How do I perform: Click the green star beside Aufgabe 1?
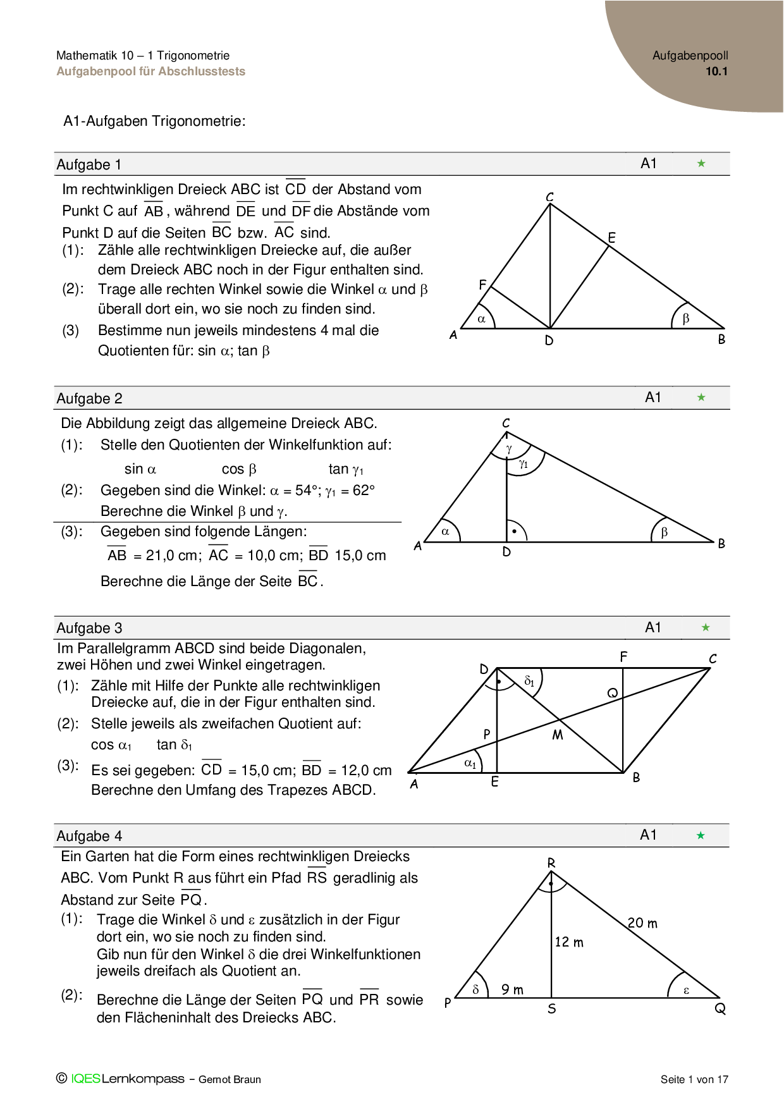[701, 164]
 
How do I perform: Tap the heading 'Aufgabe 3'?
[89, 628]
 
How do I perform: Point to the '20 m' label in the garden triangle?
[642, 923]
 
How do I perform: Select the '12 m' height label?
[569, 942]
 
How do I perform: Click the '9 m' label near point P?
[512, 990]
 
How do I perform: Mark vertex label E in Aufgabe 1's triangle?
[611, 238]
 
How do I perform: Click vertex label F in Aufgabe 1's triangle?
[482, 285]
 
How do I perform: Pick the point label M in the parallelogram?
[557, 735]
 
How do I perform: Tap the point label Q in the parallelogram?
[612, 693]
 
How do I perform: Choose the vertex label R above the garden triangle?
[551, 863]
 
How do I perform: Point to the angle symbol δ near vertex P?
[475, 990]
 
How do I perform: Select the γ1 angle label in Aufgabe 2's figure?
[524, 464]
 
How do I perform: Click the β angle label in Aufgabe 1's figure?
[686, 319]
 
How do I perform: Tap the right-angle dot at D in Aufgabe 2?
[515, 531]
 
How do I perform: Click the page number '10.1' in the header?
[716, 71]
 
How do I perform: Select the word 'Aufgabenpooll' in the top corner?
[690, 56]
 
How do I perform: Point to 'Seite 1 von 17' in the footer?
[694, 1079]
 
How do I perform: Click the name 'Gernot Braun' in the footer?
[230, 1079]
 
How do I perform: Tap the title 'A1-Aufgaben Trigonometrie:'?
[154, 121]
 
